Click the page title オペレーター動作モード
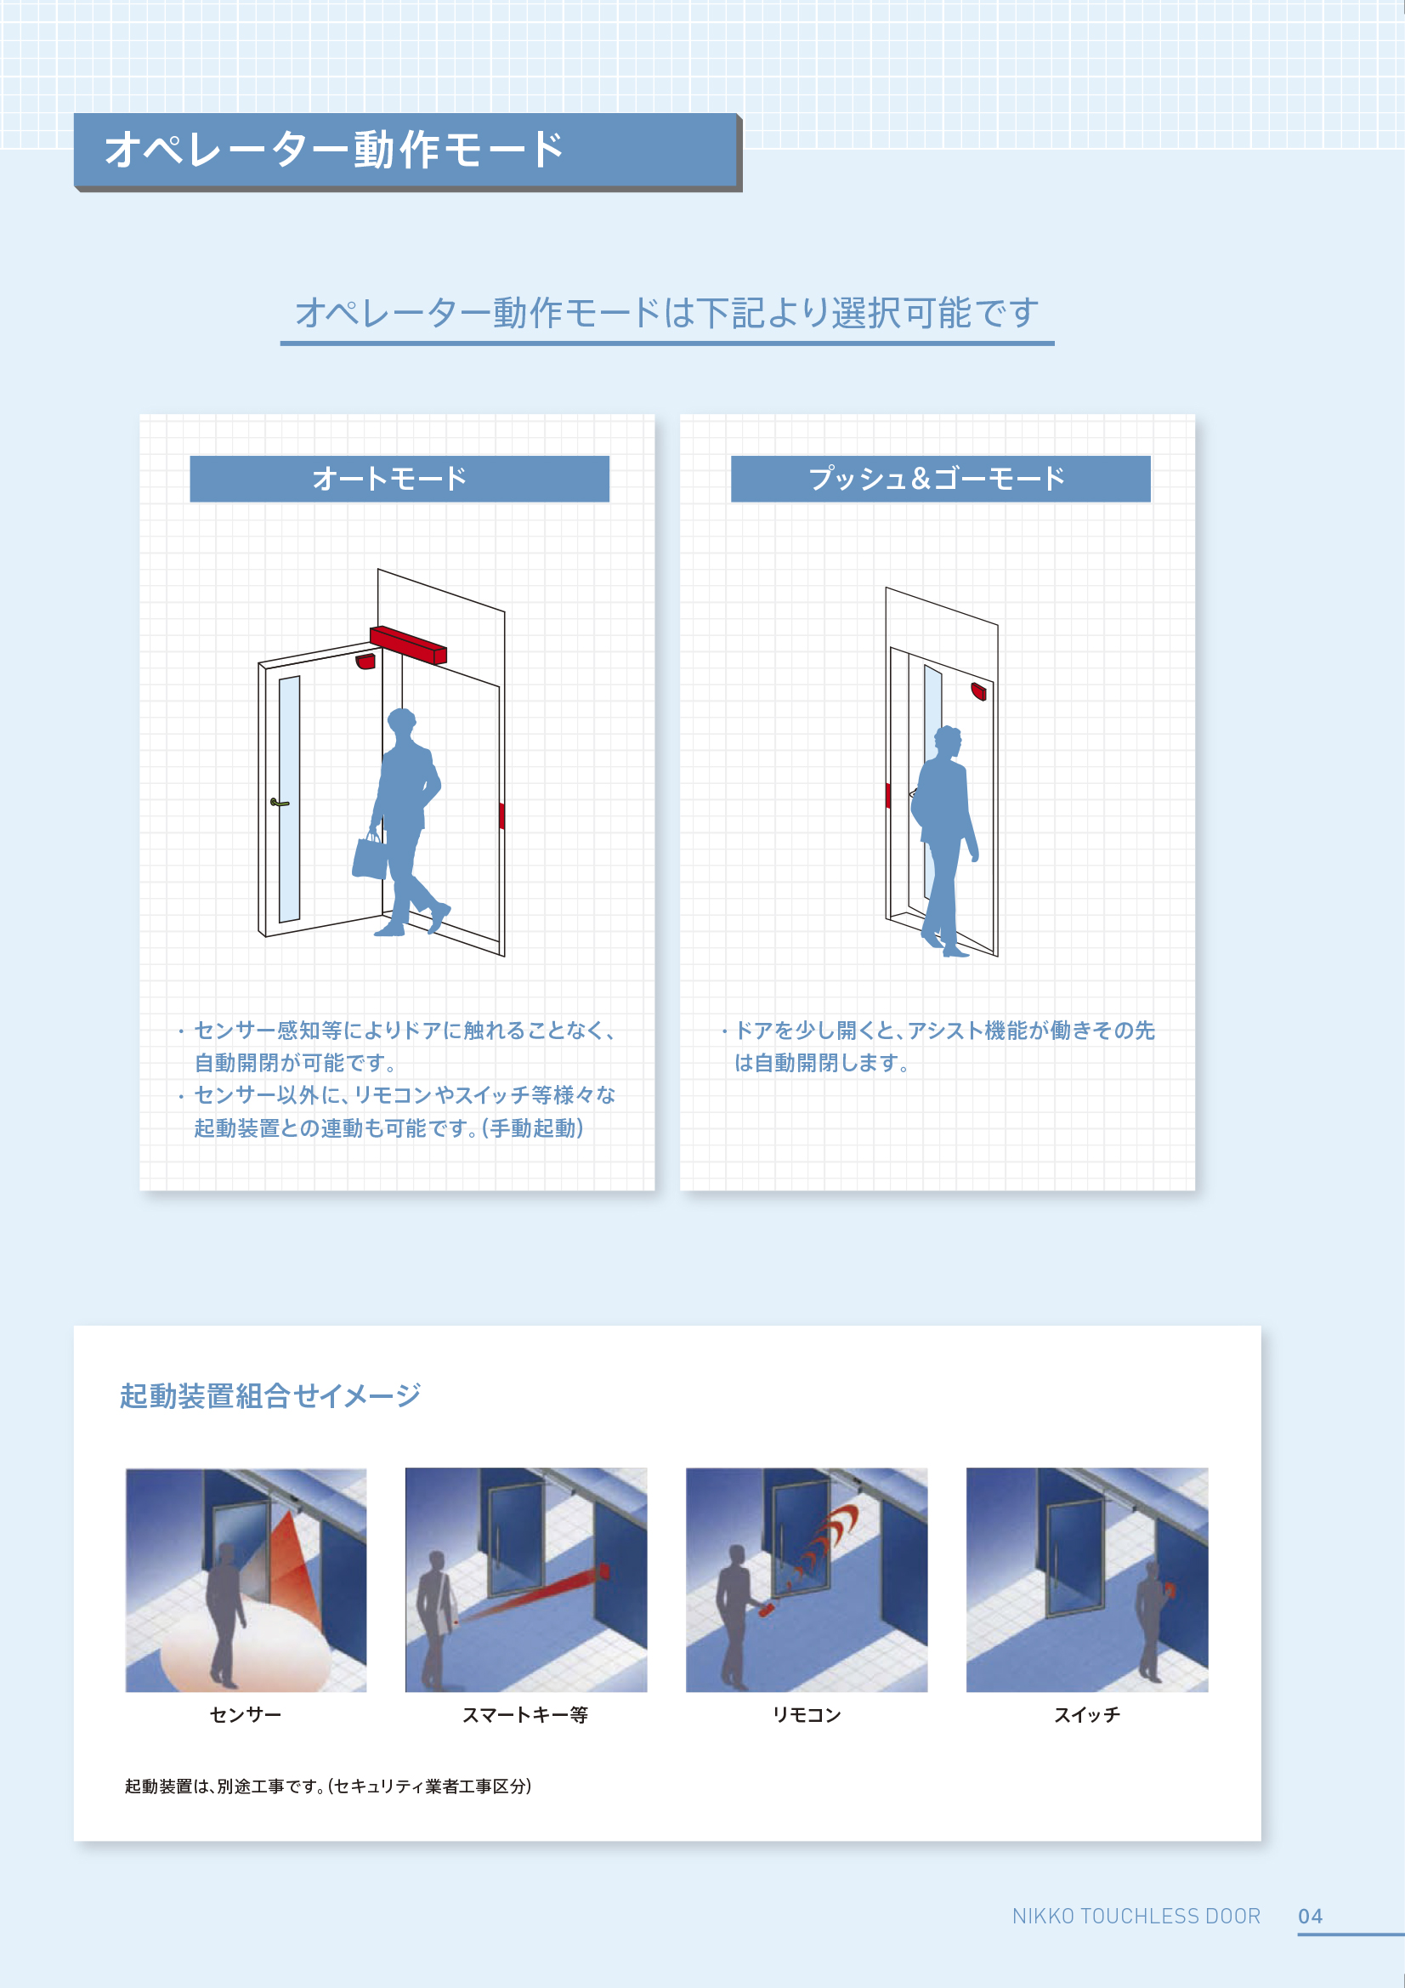coord(334,150)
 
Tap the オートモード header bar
coord(399,478)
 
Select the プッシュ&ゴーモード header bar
coord(939,478)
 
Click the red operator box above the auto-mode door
coord(408,645)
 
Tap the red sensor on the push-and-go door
coord(978,691)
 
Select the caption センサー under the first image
coord(245,1714)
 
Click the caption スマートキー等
coord(524,1714)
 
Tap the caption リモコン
coord(806,1714)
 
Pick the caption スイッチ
coord(1086,1714)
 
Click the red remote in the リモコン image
coord(766,1610)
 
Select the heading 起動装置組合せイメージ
coord(269,1395)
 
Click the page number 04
coord(1310,1916)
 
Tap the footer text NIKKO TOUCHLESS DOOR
coord(1136,1916)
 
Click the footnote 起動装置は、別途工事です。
coord(226,1786)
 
